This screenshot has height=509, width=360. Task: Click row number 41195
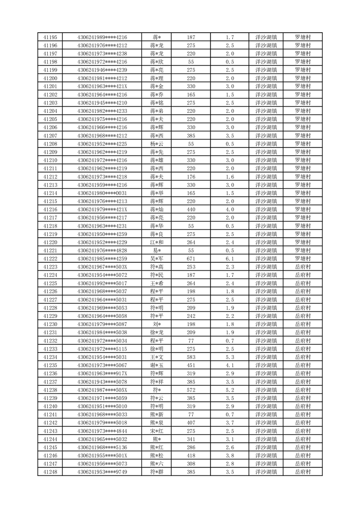point(50,37)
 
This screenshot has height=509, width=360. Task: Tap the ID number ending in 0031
point(102,193)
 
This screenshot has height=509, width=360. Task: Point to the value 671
point(191,259)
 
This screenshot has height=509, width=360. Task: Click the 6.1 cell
point(229,259)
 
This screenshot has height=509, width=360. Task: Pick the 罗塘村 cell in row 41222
point(303,259)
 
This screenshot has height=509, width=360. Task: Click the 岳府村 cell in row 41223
point(303,267)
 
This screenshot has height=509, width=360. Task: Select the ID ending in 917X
point(102,373)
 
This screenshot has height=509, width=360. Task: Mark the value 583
point(191,357)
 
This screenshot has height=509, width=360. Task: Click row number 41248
point(50,472)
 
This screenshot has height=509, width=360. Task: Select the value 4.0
point(229,209)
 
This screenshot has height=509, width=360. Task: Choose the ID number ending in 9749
point(102,472)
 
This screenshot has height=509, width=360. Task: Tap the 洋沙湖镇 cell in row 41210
point(267,160)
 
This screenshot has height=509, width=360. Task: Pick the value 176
point(191,176)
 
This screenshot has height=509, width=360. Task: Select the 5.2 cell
point(229,390)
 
